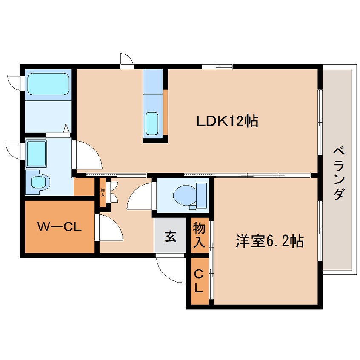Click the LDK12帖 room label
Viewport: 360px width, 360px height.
tap(228, 121)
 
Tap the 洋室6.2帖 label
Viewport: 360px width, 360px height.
tap(270, 241)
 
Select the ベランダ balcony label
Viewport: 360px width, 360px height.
tap(339, 173)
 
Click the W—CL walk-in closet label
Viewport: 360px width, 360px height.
tap(60, 227)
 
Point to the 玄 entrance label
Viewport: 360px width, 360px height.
tap(171, 236)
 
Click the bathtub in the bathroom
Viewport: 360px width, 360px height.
tap(48, 84)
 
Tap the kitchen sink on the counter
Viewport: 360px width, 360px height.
tap(152, 123)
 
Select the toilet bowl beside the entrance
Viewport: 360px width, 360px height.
tap(190, 195)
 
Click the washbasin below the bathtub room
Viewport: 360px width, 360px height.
tap(37, 154)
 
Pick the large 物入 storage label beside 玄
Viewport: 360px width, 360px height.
tap(199, 235)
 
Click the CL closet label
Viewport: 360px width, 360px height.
tap(199, 281)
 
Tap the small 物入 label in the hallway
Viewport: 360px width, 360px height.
tap(103, 192)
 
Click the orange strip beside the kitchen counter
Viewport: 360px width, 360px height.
tap(166, 112)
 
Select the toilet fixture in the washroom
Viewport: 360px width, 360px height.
tap(38, 181)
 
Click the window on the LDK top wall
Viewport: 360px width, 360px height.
tap(217, 67)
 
